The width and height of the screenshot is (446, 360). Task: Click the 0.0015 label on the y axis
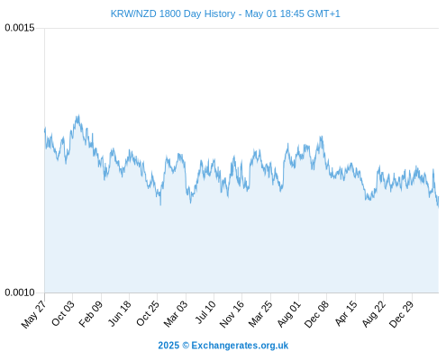(20, 28)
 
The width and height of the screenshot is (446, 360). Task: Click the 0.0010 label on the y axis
(20, 292)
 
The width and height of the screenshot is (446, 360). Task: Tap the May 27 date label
(34, 313)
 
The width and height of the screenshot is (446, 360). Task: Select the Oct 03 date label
(63, 312)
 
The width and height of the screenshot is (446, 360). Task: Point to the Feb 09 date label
(91, 313)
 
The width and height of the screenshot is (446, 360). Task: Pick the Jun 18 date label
(120, 312)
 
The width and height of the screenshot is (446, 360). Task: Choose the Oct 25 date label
(148, 313)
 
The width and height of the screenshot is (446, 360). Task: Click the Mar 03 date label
(176, 313)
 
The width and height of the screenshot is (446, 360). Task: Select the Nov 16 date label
(232, 313)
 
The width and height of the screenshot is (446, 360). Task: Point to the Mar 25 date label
(260, 313)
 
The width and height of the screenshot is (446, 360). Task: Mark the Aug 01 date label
(288, 313)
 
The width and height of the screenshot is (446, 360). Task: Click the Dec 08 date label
(316, 313)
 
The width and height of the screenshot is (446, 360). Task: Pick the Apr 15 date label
(346, 312)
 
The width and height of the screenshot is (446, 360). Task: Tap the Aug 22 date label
(374, 313)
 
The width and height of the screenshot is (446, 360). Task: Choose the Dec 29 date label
(402, 313)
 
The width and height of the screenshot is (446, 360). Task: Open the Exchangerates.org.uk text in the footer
(240, 346)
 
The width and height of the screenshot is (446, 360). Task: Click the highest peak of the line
(78, 115)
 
